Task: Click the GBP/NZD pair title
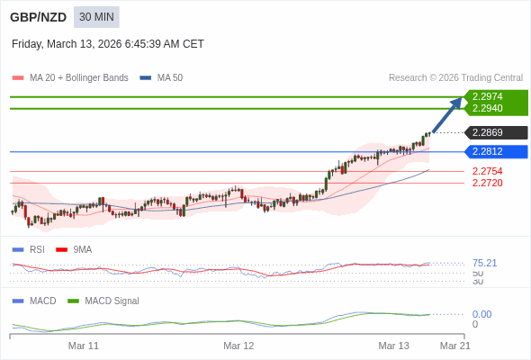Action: pos(38,17)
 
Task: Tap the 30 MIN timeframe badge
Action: pos(96,17)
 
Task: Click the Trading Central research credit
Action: pos(455,78)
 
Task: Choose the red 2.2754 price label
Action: pos(487,171)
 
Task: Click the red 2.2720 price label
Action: pos(487,183)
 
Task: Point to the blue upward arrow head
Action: pos(457,102)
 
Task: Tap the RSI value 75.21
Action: pos(484,263)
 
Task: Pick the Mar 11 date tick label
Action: pos(84,346)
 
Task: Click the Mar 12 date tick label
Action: pos(238,346)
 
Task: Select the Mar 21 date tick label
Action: pos(454,346)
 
